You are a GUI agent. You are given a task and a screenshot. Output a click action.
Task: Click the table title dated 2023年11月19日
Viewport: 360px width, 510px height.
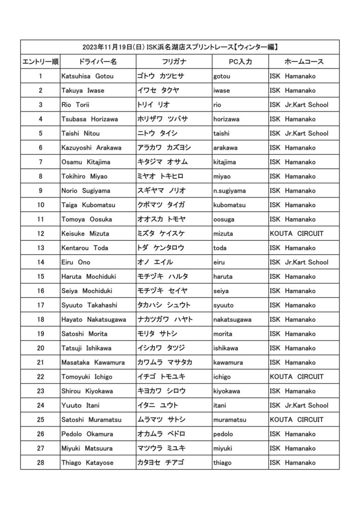pyautogui.click(x=180, y=47)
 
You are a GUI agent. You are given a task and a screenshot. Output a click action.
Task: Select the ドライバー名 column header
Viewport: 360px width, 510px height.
pyautogui.click(x=98, y=62)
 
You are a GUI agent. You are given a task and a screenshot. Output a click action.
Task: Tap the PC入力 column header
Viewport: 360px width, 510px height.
pyautogui.click(x=240, y=62)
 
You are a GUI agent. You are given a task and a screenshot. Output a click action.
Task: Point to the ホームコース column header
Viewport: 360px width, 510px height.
pyautogui.click(x=304, y=62)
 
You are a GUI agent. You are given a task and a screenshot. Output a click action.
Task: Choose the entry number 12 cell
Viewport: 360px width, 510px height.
pyautogui.click(x=40, y=234)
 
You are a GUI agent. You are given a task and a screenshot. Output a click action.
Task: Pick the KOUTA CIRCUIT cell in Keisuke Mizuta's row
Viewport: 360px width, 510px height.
pyautogui.click(x=296, y=234)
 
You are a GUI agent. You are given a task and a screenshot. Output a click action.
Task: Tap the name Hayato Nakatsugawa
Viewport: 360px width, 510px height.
pyautogui.click(x=93, y=319)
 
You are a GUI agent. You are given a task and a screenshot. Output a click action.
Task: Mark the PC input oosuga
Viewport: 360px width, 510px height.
pyautogui.click(x=225, y=220)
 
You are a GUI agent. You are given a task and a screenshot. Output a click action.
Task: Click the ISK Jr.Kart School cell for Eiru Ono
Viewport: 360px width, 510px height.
pyautogui.click(x=299, y=262)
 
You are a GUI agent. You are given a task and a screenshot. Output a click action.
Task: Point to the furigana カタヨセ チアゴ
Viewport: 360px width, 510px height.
pyautogui.click(x=161, y=463)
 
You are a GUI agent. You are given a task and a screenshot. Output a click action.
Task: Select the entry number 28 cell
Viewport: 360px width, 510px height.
pyautogui.click(x=40, y=463)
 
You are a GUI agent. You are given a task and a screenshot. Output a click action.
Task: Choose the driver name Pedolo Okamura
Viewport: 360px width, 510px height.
pyautogui.click(x=87, y=434)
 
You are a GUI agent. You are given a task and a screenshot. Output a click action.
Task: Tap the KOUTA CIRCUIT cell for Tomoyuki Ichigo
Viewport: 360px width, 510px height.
pyautogui.click(x=296, y=377)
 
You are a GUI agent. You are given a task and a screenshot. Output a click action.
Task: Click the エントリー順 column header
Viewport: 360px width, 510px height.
pyautogui.click(x=40, y=62)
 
